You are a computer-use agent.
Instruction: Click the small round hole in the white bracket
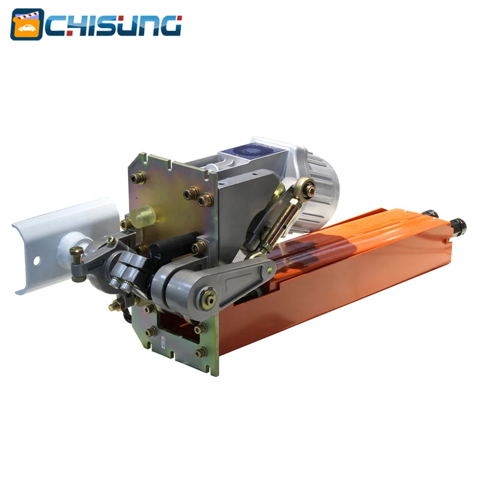pos(35,261)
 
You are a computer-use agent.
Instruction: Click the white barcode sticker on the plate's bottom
pos(160,341)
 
